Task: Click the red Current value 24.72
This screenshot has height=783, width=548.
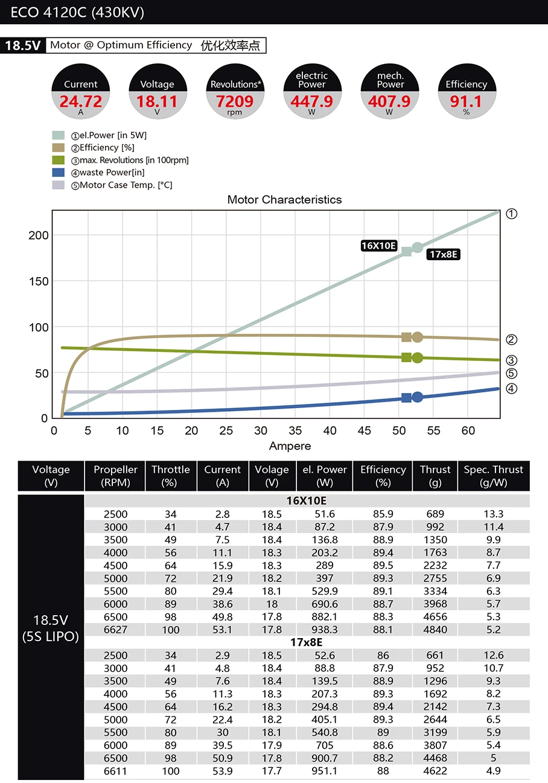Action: coord(80,101)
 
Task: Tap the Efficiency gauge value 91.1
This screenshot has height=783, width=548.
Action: coord(466,101)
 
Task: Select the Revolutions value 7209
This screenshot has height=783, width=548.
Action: coord(235,101)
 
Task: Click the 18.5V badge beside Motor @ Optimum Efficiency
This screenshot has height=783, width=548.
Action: coord(23,45)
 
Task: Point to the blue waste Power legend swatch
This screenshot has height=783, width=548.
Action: coord(58,173)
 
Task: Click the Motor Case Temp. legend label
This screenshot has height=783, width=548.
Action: coord(126,185)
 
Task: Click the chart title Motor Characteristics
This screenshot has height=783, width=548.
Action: coord(284,200)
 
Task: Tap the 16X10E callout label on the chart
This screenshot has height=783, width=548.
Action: coord(378,245)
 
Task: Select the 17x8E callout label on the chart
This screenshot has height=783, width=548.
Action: coord(444,254)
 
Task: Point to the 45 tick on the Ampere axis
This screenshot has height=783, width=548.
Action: coord(365,430)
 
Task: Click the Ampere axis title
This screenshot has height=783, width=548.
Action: coord(290,446)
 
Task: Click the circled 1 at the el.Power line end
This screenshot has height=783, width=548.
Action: coord(511,214)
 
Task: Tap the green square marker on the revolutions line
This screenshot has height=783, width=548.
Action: coord(406,357)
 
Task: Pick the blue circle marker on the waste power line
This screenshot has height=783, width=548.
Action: coord(417,397)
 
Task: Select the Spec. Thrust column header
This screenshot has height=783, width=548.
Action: coord(493,476)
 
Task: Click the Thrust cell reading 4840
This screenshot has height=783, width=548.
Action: coord(435,630)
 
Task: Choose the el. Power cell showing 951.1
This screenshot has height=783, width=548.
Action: coord(325,771)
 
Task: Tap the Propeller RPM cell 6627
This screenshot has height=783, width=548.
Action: coord(115,630)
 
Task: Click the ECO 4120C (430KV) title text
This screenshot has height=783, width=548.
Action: coord(77,13)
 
